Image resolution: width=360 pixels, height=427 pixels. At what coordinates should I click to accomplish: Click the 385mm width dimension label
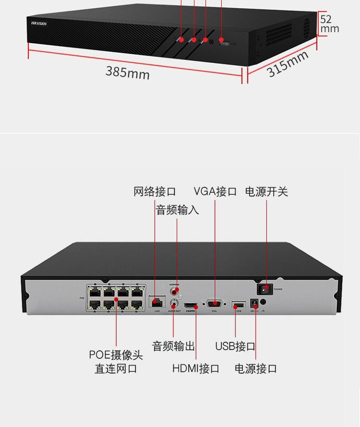click(128, 72)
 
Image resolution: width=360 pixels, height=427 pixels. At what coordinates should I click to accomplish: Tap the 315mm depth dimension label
click(287, 63)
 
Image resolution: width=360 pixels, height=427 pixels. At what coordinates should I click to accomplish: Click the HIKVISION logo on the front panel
click(39, 23)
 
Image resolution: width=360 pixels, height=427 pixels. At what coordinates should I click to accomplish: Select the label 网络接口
click(155, 192)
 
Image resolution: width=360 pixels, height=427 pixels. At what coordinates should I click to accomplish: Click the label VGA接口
click(215, 192)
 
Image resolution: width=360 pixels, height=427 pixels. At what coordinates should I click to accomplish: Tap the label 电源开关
click(266, 192)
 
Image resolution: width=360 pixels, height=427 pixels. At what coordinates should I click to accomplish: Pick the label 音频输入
click(177, 210)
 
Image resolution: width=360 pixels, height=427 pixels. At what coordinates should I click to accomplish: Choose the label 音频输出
click(173, 346)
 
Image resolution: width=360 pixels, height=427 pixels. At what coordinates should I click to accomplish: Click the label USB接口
click(235, 346)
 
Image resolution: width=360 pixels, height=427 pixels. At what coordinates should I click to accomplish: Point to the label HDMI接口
click(196, 368)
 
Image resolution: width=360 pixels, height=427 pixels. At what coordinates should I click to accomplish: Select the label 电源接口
click(256, 368)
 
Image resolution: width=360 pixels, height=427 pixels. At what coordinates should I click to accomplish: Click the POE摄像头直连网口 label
click(116, 362)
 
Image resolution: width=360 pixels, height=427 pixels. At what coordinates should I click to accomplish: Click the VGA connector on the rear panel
click(214, 304)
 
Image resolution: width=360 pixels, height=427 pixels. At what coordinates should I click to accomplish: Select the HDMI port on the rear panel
click(191, 305)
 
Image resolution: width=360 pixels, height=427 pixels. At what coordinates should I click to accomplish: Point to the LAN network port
click(156, 302)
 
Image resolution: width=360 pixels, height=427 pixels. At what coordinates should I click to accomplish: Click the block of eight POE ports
click(116, 297)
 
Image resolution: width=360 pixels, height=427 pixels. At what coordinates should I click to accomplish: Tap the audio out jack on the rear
click(174, 304)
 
